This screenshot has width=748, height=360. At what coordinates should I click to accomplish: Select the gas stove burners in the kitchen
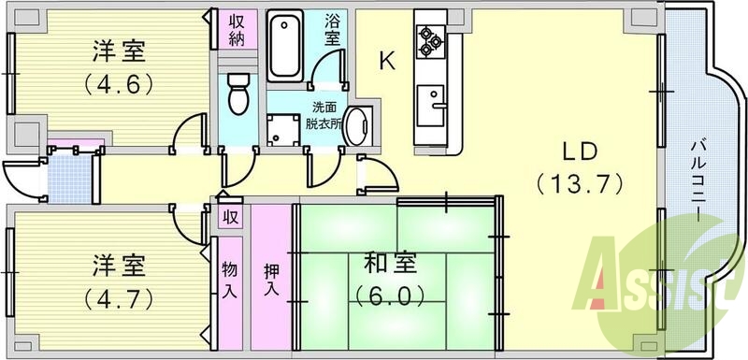coord(430,39)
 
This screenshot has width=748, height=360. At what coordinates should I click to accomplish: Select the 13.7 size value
coord(581,182)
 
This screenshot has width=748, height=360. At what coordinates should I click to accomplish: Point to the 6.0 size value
coord(390,296)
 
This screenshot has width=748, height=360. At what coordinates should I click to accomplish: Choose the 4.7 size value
coord(119,296)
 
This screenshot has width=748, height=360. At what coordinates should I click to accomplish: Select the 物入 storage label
coord(228,279)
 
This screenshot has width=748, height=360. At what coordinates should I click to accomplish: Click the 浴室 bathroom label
coord(334,29)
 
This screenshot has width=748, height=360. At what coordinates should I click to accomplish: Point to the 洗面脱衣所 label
coord(324,115)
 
